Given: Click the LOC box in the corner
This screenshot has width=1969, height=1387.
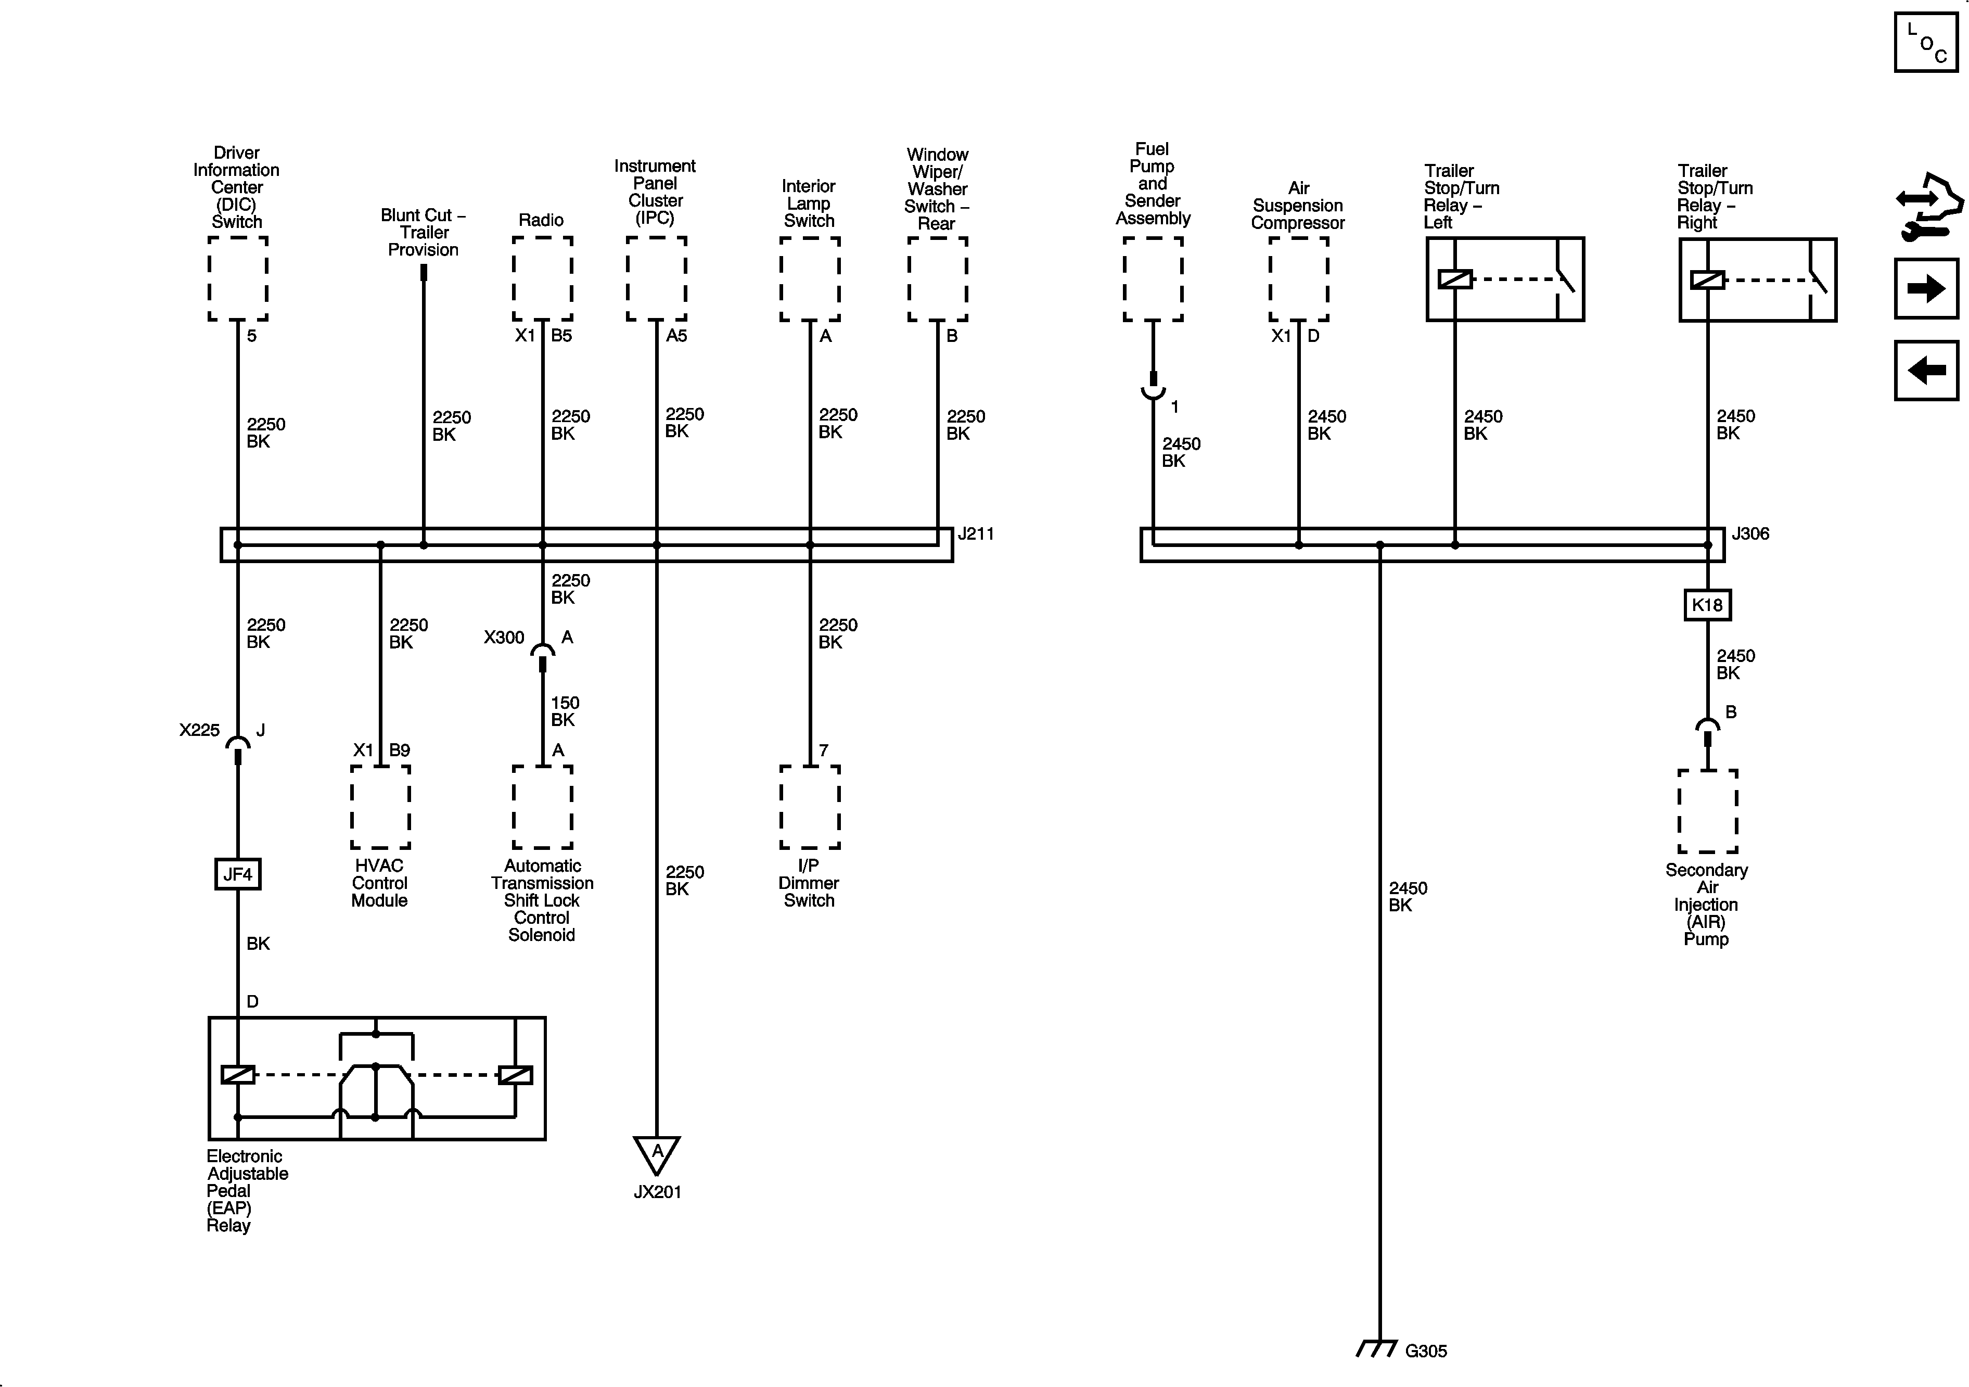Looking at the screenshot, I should (x=1925, y=42).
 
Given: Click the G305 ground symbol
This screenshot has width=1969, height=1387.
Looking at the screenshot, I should (x=1378, y=1349).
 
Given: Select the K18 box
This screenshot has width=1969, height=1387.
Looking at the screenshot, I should (x=1707, y=605).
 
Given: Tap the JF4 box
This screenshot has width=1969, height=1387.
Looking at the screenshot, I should (x=238, y=874).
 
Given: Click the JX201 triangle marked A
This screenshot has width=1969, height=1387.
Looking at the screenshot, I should (x=657, y=1154).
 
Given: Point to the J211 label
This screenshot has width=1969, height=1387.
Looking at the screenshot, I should (x=976, y=533).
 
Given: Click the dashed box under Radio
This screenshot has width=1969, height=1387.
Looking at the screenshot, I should (x=542, y=279).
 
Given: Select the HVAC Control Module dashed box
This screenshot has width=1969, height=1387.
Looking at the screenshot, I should (x=380, y=807).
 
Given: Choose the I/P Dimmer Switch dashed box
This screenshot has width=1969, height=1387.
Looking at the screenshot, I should (x=810, y=807).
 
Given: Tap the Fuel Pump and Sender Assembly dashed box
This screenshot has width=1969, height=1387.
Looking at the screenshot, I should (x=1153, y=279).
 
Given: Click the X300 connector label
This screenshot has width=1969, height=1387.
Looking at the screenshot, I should (x=503, y=638).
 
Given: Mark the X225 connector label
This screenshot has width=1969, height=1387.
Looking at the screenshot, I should (x=199, y=730).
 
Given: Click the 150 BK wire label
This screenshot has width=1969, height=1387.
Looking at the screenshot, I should (x=564, y=711).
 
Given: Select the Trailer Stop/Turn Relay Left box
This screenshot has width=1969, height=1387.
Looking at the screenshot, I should (x=1505, y=279).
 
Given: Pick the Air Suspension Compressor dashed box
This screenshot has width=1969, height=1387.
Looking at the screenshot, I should (x=1298, y=279).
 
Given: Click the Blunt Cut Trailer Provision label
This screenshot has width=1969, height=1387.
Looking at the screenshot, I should (x=424, y=233).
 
